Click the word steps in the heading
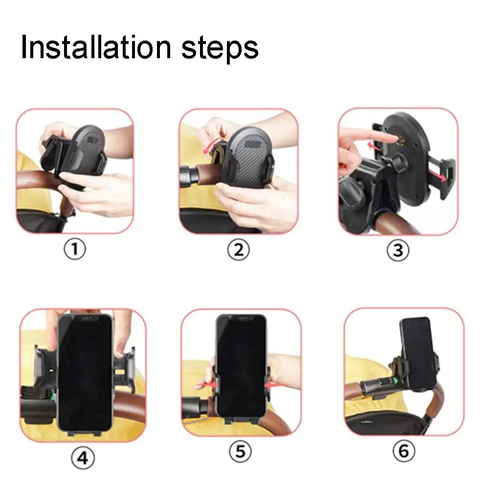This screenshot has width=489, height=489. pos(220,48)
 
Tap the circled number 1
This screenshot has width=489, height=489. pos(75,250)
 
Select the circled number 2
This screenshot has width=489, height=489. pos(238,250)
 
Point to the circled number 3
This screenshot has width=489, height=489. pos(398,250)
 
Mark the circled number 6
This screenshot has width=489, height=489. pos(403,451)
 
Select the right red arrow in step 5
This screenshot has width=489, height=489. pos(274,386)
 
